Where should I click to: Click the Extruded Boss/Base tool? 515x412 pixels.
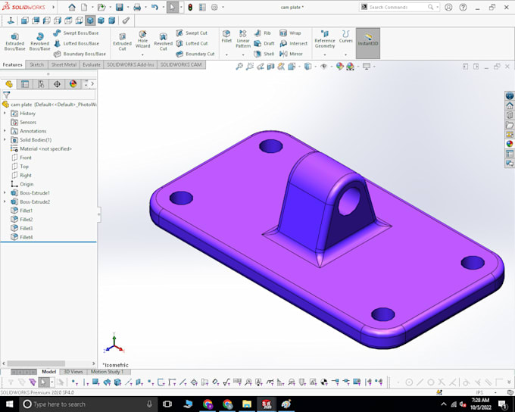click(14, 41)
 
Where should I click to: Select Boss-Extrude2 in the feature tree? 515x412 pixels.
click(34, 202)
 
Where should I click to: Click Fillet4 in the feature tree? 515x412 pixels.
click(26, 237)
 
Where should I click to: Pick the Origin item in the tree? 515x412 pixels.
click(26, 184)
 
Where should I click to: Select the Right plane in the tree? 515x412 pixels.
click(25, 175)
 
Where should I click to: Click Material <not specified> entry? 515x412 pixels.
click(45, 148)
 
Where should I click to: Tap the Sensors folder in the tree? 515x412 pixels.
click(27, 122)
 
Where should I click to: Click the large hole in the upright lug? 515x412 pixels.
click(350, 200)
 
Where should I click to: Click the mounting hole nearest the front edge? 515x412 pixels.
click(382, 314)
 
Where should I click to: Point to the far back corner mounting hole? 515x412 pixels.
click(270, 145)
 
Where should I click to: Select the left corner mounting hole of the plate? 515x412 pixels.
click(181, 198)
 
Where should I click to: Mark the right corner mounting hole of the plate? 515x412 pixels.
click(473, 263)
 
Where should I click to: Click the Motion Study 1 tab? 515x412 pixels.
click(107, 372)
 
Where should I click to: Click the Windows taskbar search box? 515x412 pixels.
click(83, 404)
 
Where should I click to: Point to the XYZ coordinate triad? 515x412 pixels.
click(114, 346)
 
